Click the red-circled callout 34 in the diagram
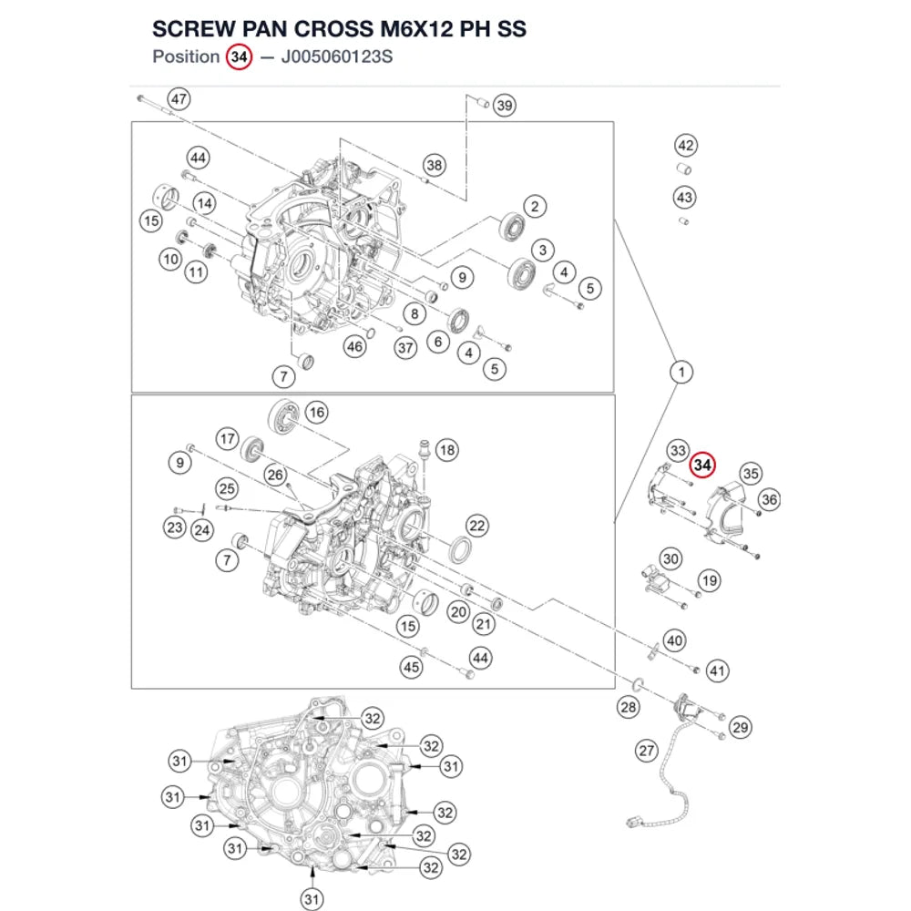tap(702, 465)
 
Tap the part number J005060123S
tap(337, 56)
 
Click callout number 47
tap(179, 98)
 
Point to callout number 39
tap(505, 105)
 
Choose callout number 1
tap(681, 372)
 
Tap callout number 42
tap(686, 145)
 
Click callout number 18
tap(446, 450)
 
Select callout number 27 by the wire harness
tap(647, 751)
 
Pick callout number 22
tap(477, 526)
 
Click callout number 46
tap(354, 347)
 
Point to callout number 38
tap(435, 166)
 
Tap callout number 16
tap(317, 413)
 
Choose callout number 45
tap(412, 667)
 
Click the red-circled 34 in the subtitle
tap(239, 56)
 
